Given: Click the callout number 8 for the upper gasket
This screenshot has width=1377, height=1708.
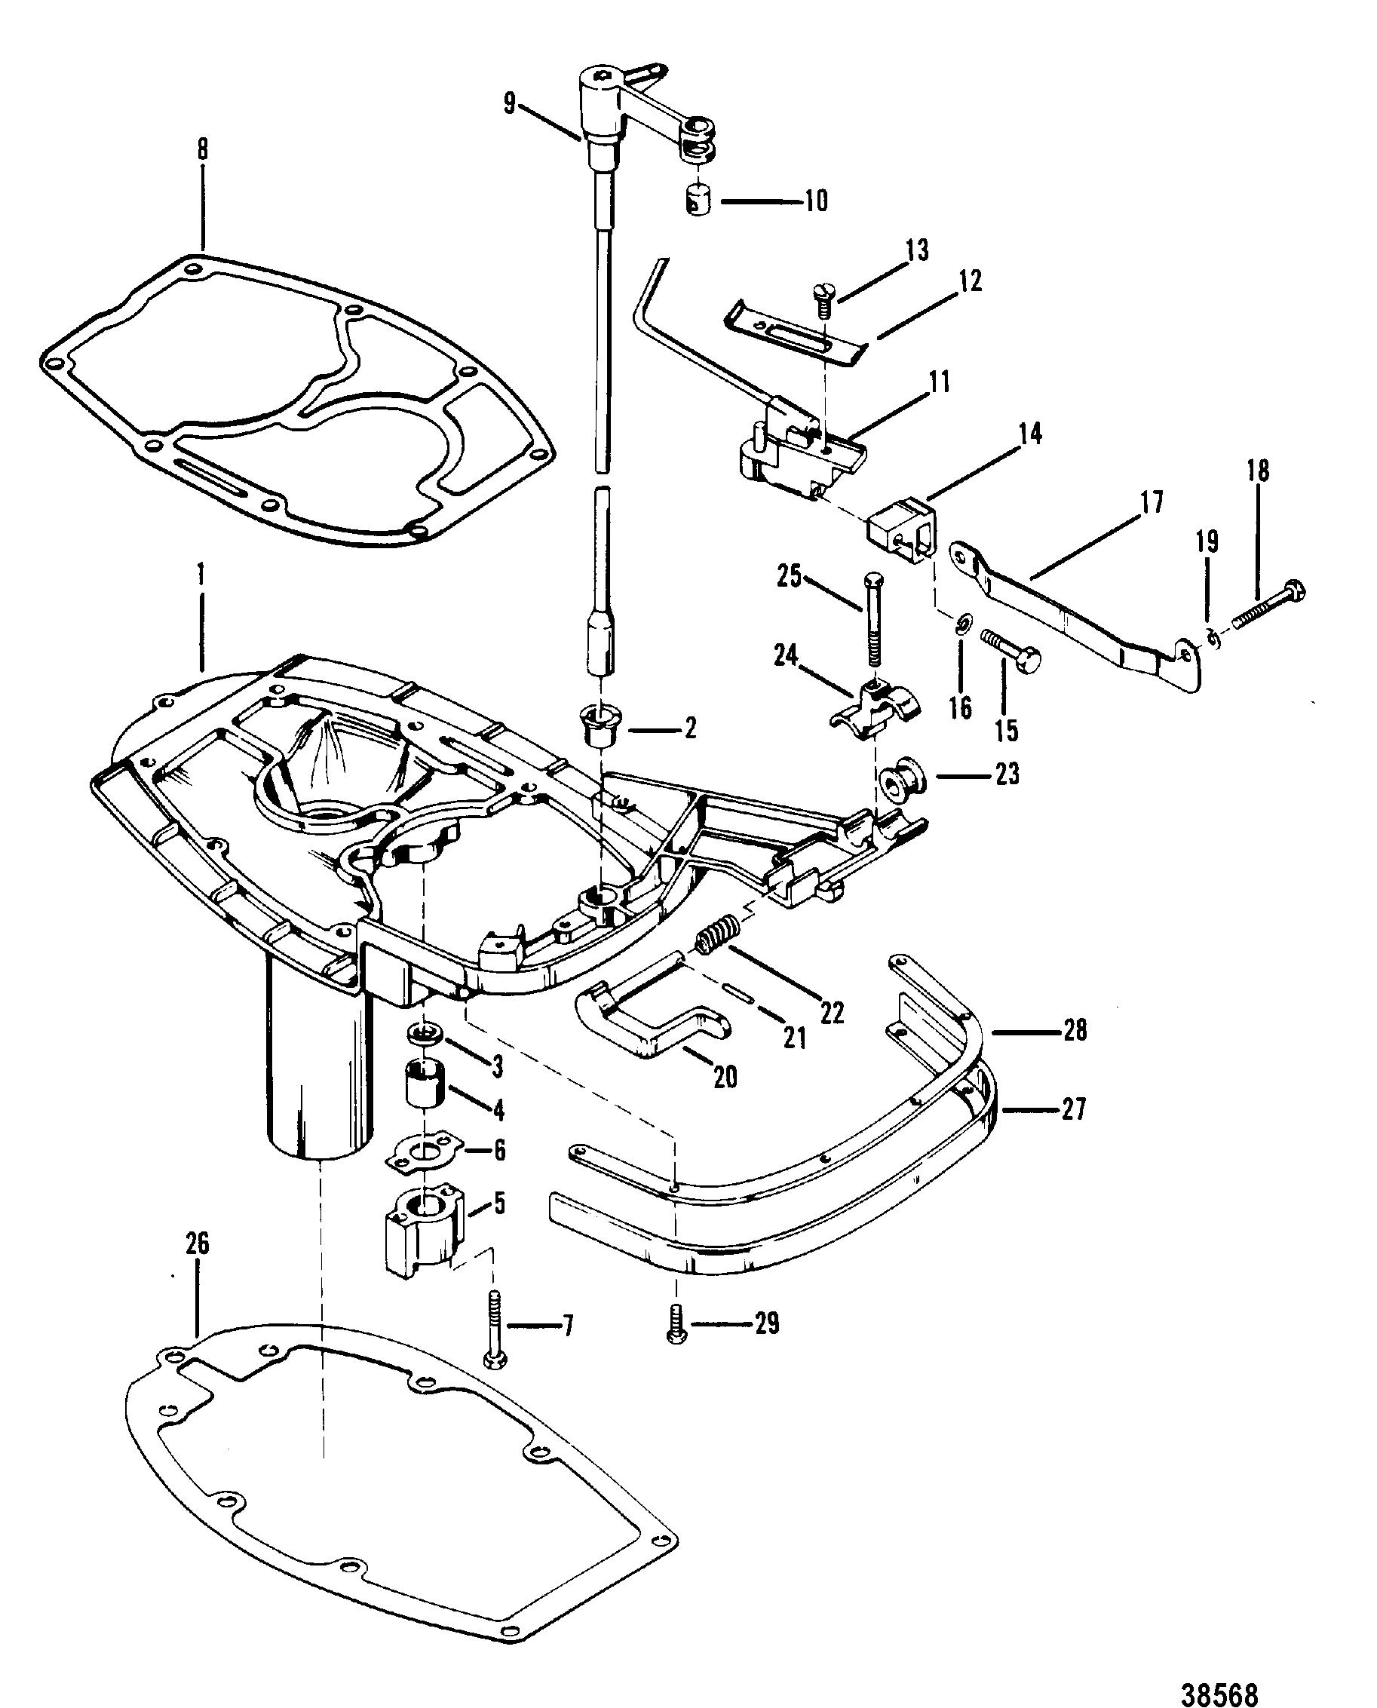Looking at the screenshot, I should (x=203, y=151).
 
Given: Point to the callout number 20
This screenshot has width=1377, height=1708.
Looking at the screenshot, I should (x=725, y=1077).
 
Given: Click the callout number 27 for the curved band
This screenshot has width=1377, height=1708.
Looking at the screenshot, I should (x=1073, y=1109).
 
